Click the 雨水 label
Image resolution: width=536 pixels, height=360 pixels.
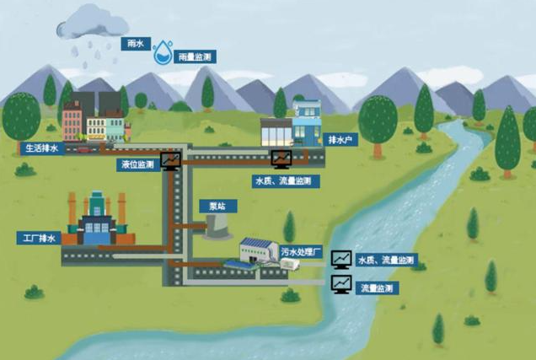coord(134,41)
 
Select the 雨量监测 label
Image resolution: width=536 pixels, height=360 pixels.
coord(194,57)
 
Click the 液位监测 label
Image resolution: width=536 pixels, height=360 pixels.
coord(139,165)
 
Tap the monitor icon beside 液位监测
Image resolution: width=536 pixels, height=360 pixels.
coord(170,159)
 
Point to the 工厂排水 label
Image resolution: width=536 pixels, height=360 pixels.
coord(38,239)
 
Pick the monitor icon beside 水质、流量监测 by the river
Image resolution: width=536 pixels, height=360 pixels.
coord(341,258)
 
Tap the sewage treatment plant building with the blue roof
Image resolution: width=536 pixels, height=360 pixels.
coord(257,250)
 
